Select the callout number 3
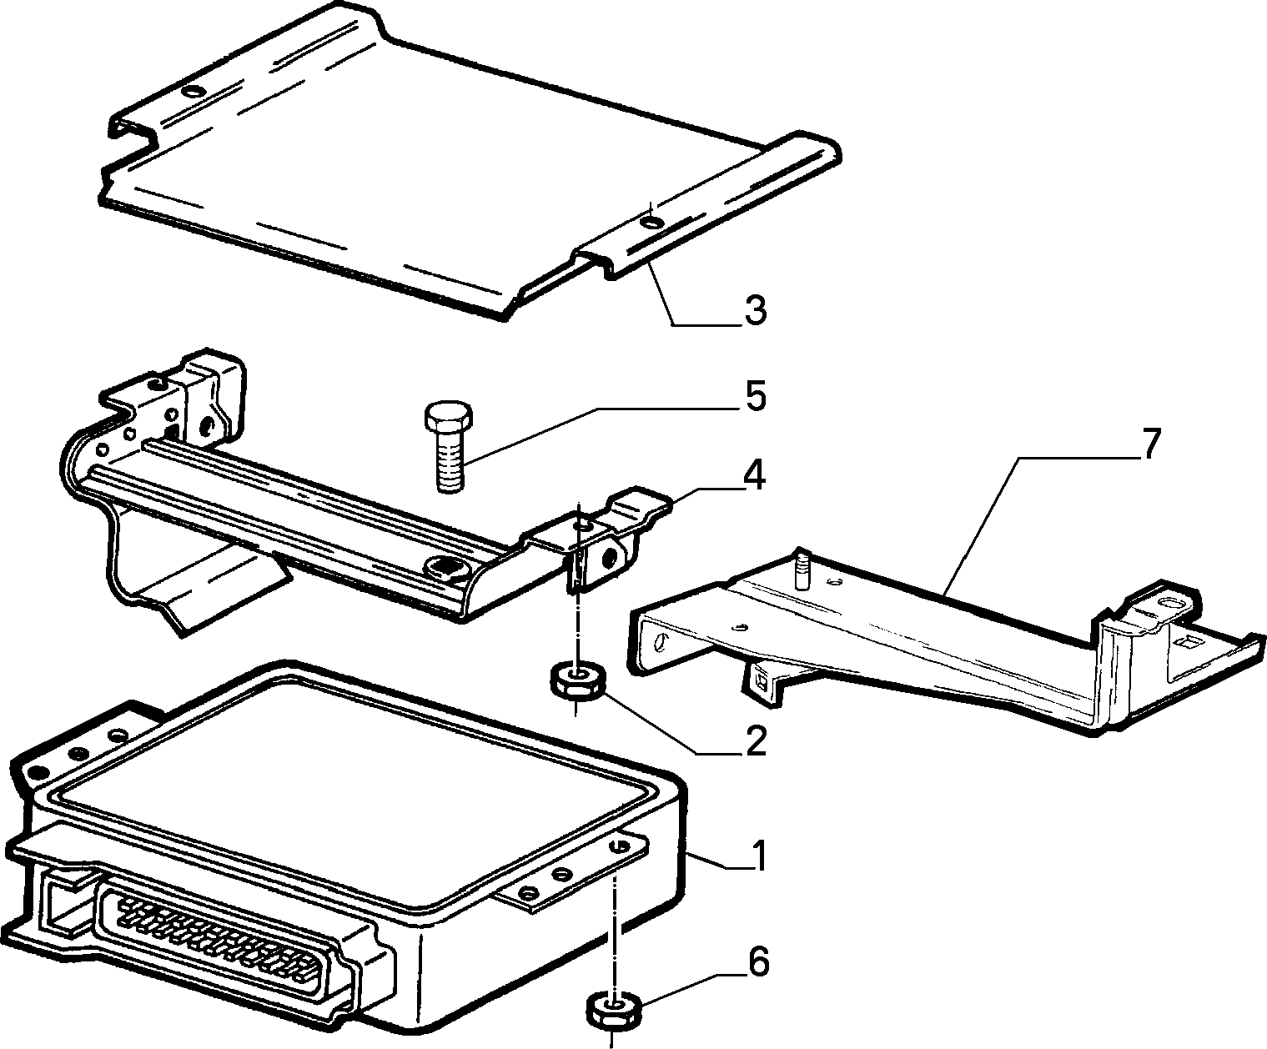[755, 311]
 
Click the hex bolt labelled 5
[449, 446]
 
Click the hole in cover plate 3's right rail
[651, 222]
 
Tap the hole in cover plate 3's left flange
[195, 93]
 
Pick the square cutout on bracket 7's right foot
[1186, 640]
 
